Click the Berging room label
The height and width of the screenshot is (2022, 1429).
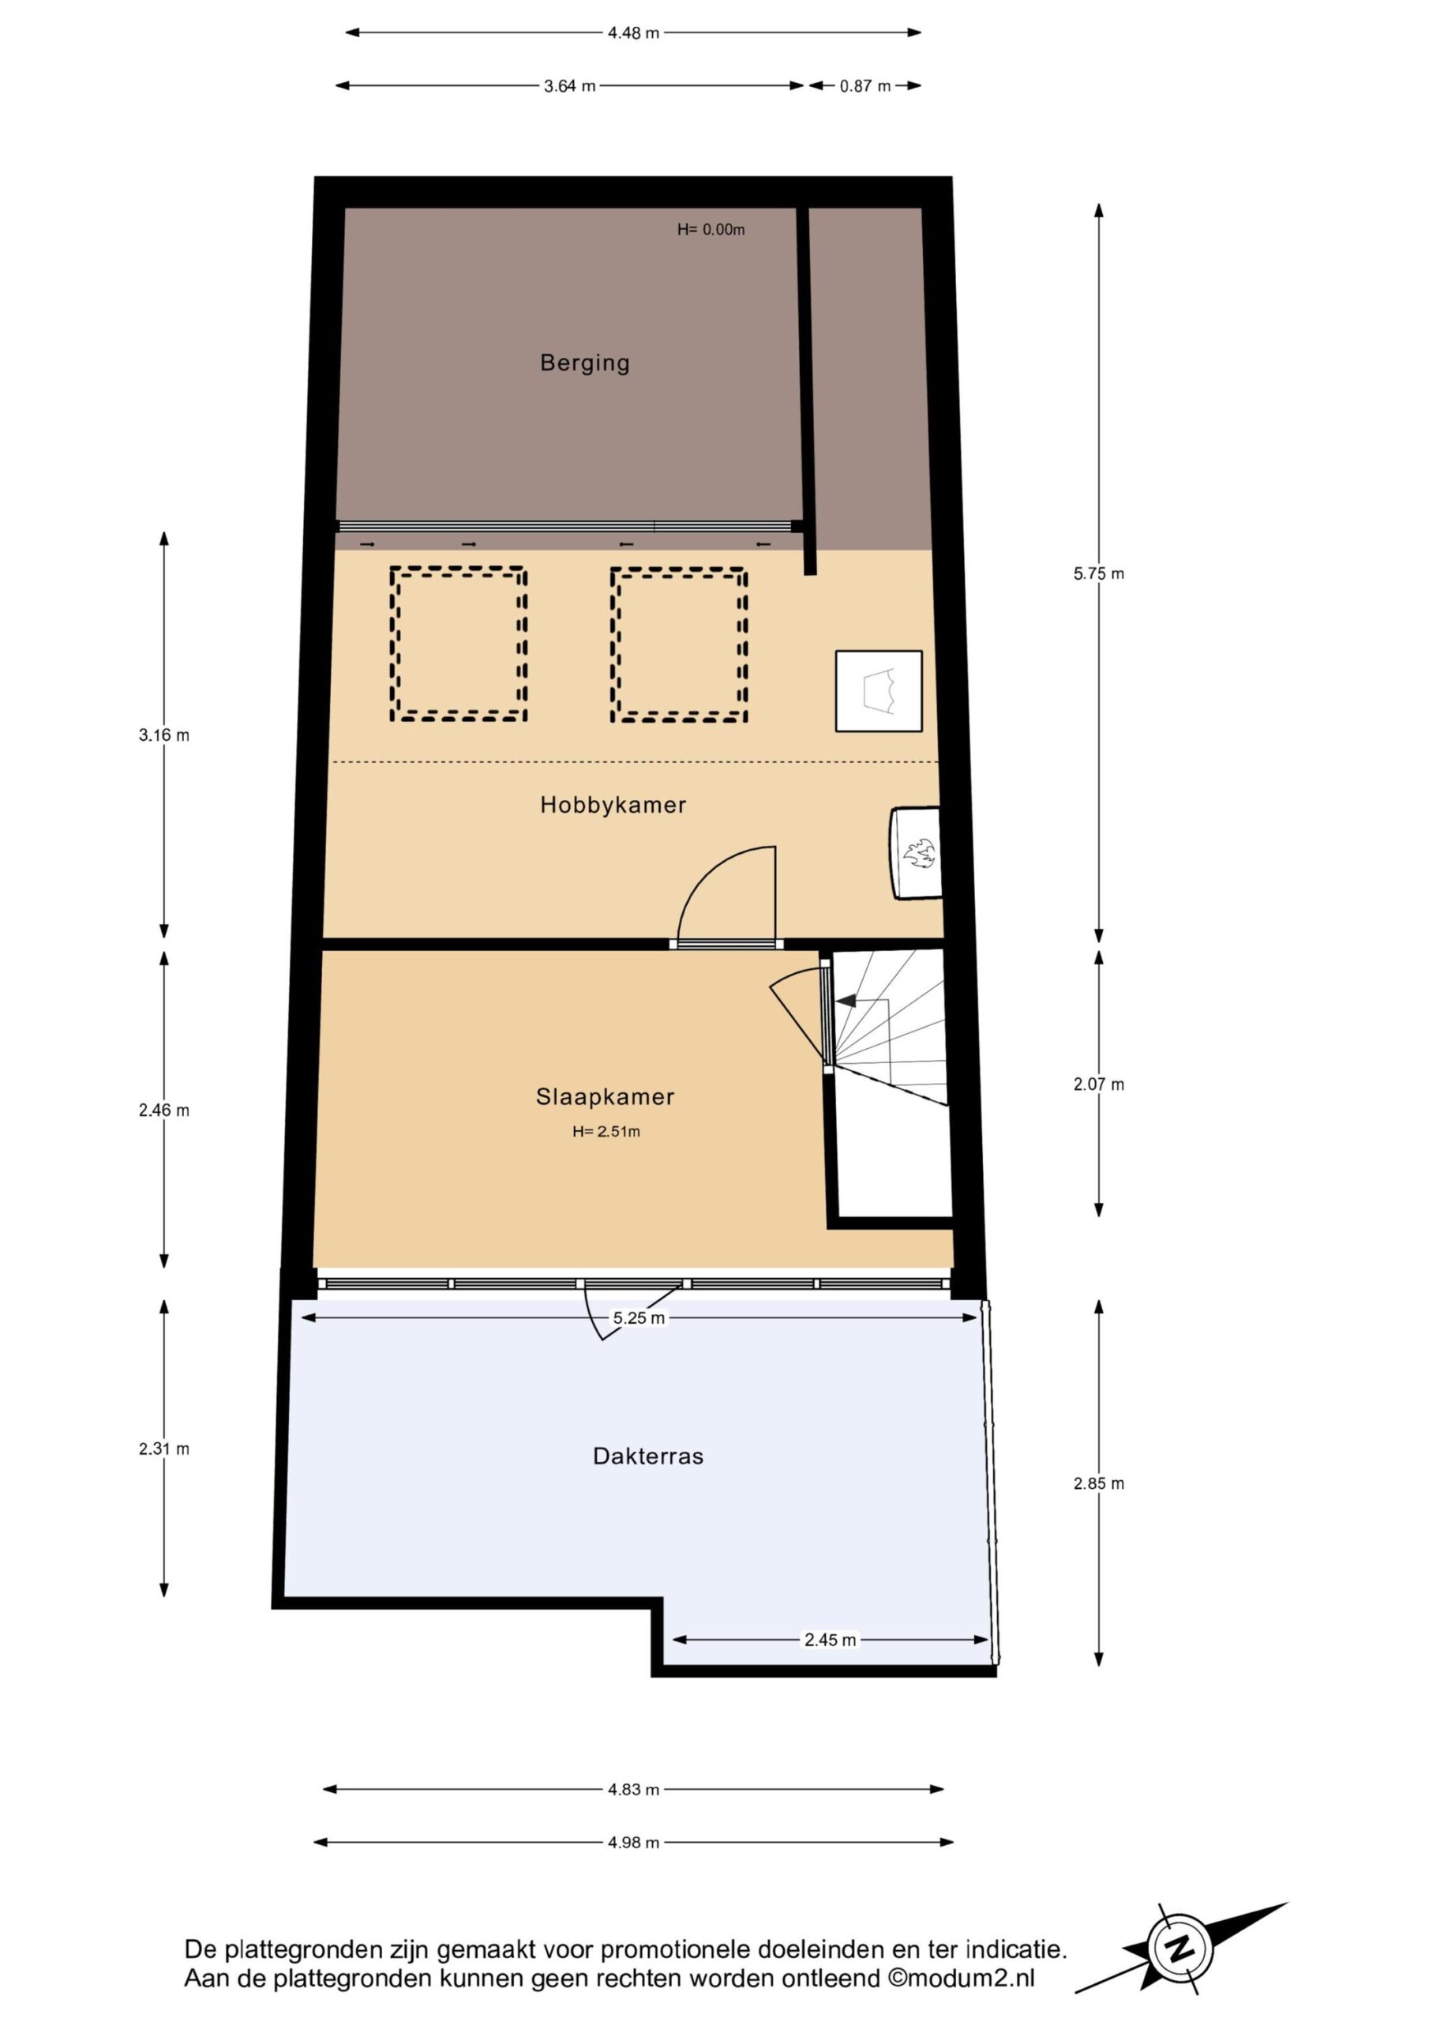(x=585, y=363)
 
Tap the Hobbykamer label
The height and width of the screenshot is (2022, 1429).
(x=613, y=805)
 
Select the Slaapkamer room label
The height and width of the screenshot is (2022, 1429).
(x=605, y=1096)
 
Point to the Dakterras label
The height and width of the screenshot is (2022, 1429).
(x=648, y=1456)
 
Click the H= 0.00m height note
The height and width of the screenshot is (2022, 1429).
(x=711, y=230)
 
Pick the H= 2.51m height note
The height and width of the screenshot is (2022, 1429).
(x=606, y=1132)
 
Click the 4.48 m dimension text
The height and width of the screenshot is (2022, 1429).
(x=633, y=33)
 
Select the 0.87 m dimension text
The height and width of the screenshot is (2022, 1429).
(x=865, y=86)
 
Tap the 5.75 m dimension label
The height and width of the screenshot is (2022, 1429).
(x=1098, y=573)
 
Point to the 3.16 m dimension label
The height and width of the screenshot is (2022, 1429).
(x=163, y=735)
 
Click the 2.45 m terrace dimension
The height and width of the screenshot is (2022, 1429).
(x=830, y=1640)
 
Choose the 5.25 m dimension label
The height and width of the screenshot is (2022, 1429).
(x=639, y=1318)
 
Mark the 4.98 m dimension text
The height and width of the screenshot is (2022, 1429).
(x=633, y=1843)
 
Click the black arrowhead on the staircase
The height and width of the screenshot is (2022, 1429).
(x=846, y=1001)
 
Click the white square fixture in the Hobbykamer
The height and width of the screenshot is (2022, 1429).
(x=879, y=691)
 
